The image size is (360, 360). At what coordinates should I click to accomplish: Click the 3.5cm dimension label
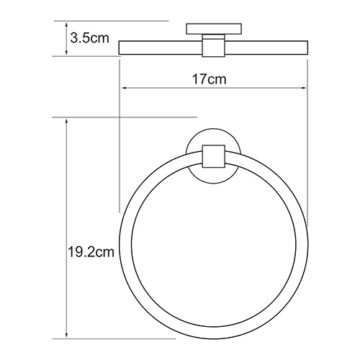coord(85,39)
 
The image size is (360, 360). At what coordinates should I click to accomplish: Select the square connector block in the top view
coord(213,45)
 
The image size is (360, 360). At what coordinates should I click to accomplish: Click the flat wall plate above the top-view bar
coord(213,30)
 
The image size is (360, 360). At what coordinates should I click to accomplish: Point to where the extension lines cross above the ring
coord(120,117)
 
